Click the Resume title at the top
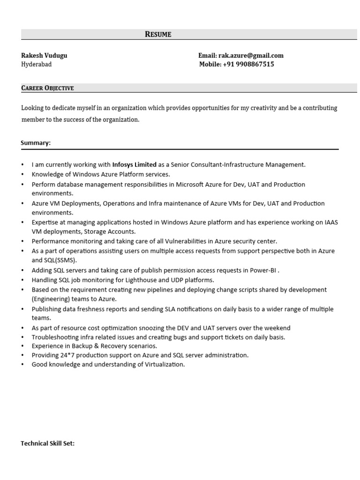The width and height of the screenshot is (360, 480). click(x=158, y=34)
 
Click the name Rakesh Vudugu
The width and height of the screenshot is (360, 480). click(x=44, y=55)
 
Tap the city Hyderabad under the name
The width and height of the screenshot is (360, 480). click(x=36, y=64)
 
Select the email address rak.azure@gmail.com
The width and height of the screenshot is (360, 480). click(x=251, y=55)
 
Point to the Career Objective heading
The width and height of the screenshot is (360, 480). click(x=47, y=88)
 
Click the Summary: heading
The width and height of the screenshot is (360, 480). click(x=36, y=143)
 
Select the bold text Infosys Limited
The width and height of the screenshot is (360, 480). click(x=135, y=165)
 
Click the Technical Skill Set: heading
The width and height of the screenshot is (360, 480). click(x=47, y=443)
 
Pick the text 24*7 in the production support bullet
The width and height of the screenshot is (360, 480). click(x=69, y=355)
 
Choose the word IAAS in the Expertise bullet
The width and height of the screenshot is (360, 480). click(x=331, y=222)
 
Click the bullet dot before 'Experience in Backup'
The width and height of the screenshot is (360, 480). click(x=22, y=346)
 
